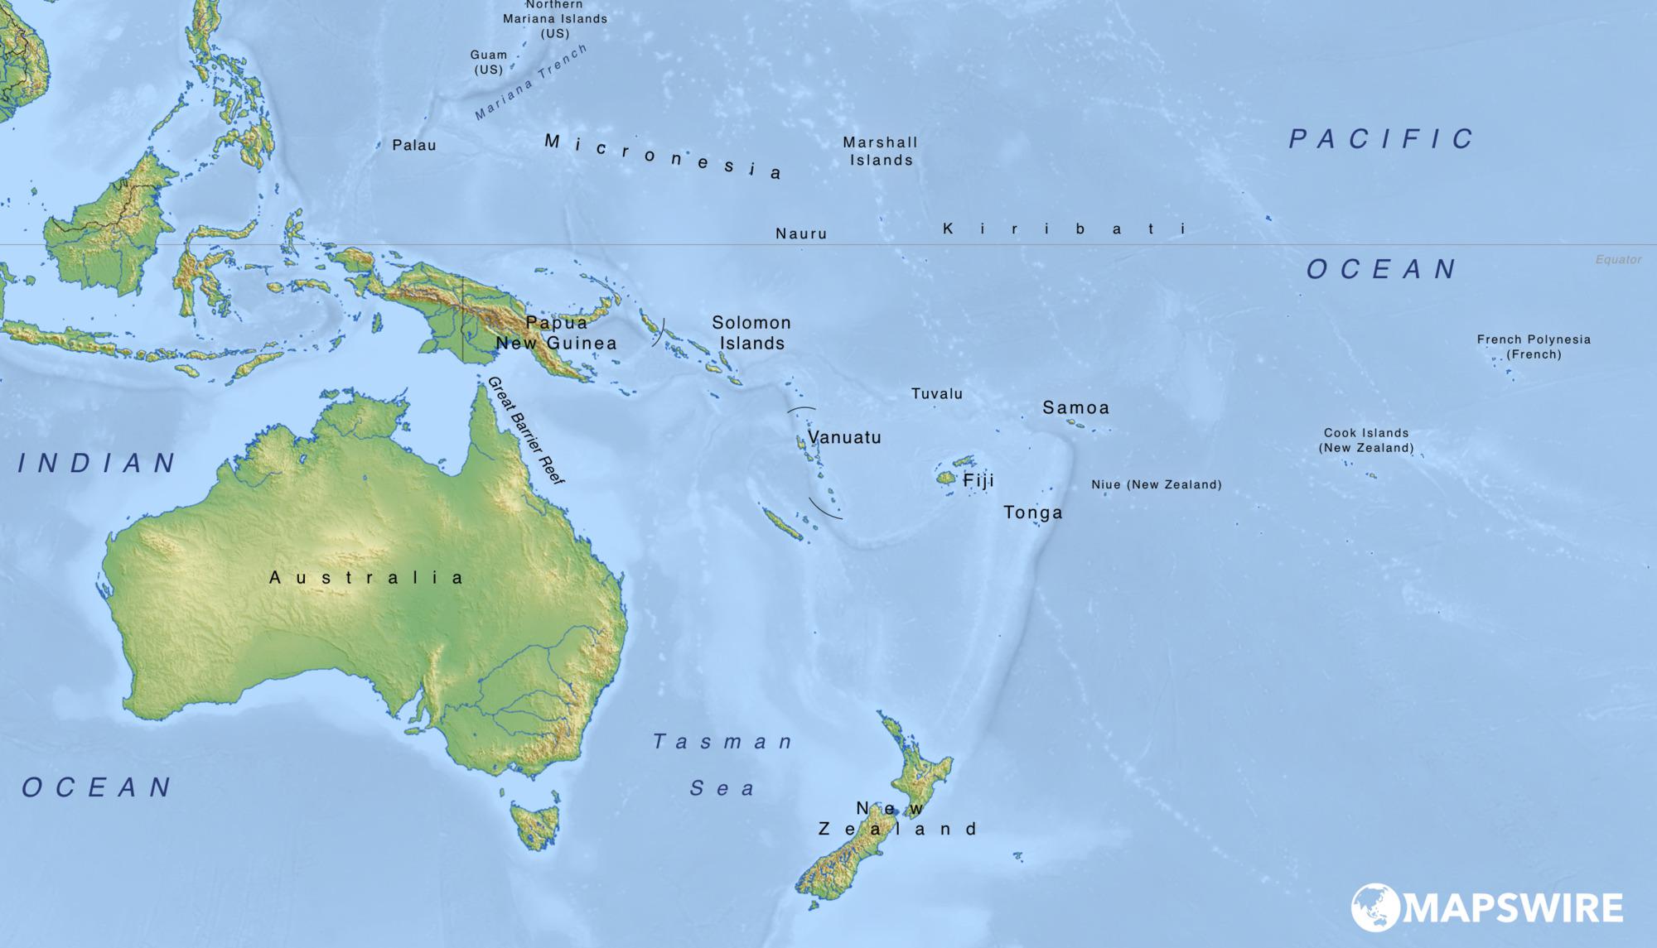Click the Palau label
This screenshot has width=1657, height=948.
tap(414, 146)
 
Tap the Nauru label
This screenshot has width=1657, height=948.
tap(801, 234)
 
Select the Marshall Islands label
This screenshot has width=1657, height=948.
tap(880, 152)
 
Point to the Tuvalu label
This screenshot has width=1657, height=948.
tap(937, 394)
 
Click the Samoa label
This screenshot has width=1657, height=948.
tap(1075, 407)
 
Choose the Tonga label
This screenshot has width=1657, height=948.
tap(1033, 512)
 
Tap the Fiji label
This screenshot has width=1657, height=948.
tap(978, 480)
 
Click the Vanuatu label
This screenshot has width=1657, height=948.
tap(844, 437)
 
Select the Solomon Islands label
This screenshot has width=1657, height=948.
tap(751, 333)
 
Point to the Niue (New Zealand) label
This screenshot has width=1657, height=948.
tap(1157, 484)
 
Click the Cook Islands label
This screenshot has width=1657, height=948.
tap(1366, 440)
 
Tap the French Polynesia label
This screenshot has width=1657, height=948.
tap(1534, 346)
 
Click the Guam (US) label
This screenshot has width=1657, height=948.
tap(489, 62)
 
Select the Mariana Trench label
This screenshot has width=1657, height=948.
tap(531, 83)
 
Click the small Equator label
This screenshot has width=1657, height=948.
tap(1618, 260)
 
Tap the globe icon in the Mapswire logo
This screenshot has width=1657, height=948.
tap(1374, 907)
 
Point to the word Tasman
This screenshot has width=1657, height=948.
tap(723, 742)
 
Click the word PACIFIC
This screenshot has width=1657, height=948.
tap(1381, 139)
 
